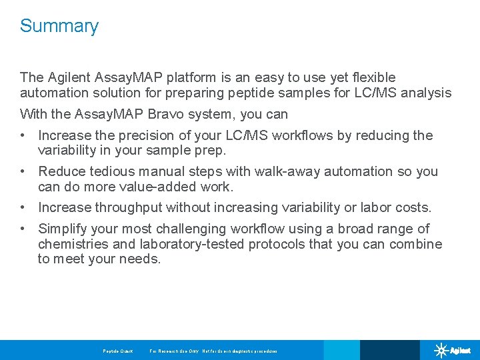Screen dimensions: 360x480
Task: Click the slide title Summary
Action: click(59, 26)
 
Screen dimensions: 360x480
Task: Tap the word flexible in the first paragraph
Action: click(371, 77)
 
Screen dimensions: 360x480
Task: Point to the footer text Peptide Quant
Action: click(118, 351)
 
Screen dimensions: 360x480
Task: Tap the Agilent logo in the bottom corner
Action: click(452, 350)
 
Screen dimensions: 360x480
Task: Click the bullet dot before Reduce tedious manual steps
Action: click(23, 171)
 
